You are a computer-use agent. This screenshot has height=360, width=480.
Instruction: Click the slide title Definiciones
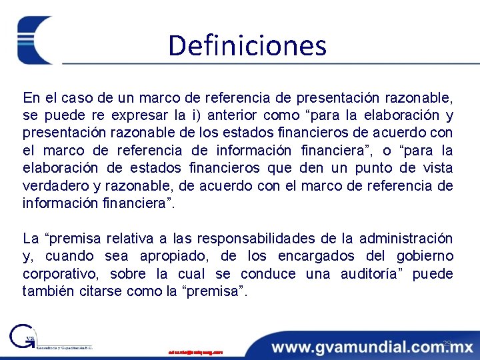(247, 46)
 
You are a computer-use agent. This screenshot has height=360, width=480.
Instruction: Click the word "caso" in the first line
(81, 98)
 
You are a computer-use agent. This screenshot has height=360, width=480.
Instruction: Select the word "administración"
(406, 239)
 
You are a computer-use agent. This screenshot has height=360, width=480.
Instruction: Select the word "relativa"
(124, 239)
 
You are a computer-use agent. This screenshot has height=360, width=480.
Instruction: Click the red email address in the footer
(195, 351)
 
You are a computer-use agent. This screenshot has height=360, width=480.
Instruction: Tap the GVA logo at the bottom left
(27, 338)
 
